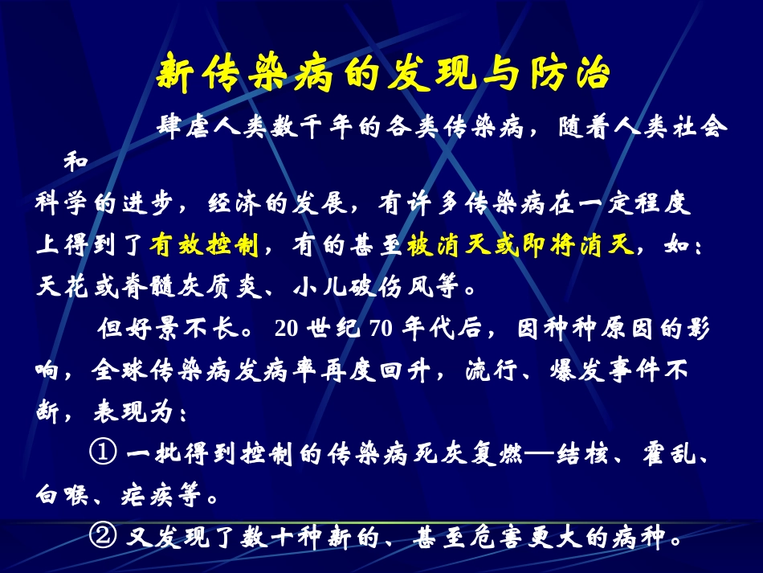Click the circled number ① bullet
(x=103, y=454)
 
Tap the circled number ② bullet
(x=103, y=537)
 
